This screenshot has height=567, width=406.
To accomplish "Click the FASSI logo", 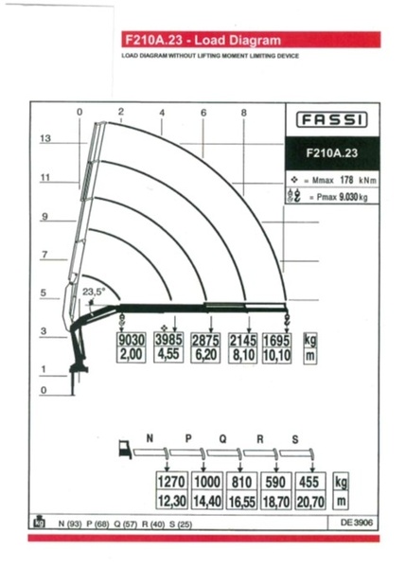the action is pos(332,119).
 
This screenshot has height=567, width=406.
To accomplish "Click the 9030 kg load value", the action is pos(132,340).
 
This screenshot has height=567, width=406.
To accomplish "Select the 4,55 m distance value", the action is pos(168,354).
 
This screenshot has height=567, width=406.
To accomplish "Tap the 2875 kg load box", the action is pos(205,340).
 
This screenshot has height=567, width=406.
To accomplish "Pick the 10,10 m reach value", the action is pos(277,356).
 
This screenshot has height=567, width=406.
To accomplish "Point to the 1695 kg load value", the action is pos(277,341).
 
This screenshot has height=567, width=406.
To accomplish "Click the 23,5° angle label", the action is pos(94,292).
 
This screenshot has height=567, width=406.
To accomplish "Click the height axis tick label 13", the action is pos(45,138).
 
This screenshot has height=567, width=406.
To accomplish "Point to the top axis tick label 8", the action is pos(243,113).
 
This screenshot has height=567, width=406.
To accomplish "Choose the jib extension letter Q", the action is pos(223,439).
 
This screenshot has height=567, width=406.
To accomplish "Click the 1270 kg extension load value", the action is pos(171,482).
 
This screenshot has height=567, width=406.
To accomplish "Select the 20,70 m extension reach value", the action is pos(310,502).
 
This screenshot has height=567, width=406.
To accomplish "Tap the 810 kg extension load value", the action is pos(241,482).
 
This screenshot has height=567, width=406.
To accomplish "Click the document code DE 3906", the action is pos(357,523).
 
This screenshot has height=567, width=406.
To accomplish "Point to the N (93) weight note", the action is pos(70,523).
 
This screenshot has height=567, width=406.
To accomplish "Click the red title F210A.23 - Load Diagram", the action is pos(203,40).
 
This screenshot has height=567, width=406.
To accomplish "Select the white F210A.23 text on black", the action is pos(332,153).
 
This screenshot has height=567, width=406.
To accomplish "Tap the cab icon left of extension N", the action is pos(125,449).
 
